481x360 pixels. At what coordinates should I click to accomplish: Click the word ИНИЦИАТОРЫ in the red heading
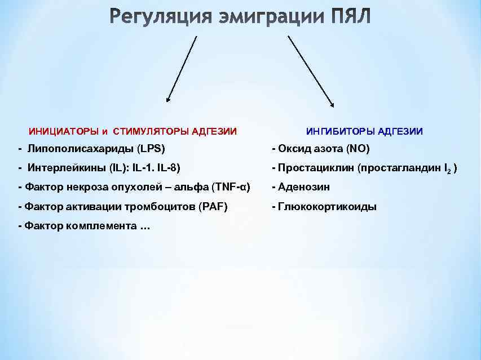coord(64,132)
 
